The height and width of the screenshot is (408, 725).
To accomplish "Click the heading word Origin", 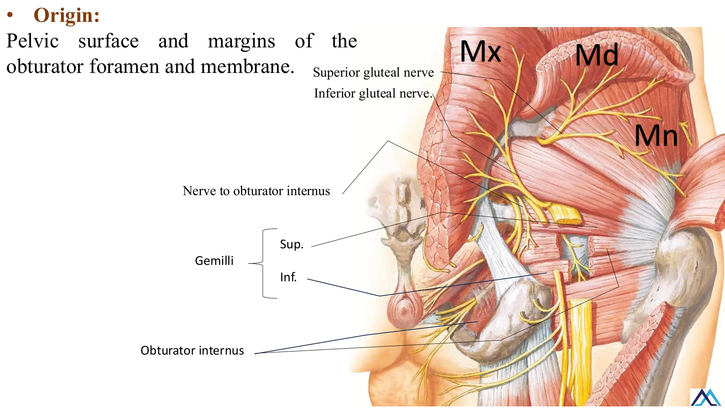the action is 66,15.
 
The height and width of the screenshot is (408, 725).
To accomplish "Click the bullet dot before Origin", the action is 10,16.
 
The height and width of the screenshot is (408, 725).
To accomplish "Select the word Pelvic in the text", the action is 33,41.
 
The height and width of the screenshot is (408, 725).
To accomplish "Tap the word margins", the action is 241,41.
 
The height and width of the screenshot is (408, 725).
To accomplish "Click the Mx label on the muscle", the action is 480,52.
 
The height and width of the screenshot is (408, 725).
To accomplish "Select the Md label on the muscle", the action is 596,55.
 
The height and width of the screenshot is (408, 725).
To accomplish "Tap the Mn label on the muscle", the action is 656,136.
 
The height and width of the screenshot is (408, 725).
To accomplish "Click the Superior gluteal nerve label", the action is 373,73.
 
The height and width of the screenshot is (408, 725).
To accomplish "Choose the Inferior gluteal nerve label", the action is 373,93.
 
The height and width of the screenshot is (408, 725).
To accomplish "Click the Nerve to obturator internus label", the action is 256,191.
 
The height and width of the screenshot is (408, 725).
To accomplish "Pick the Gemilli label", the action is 214,261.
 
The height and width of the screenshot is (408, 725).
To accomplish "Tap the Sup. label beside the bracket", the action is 292,244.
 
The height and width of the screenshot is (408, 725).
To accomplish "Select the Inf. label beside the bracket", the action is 288,277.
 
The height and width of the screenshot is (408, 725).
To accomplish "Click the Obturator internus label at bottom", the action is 192,350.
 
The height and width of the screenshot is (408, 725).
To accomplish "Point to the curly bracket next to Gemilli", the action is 264,263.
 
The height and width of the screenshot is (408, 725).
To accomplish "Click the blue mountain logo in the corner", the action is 706,397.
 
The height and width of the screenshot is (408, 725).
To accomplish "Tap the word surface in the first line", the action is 108,41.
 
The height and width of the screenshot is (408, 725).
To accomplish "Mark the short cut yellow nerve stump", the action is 565,215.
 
